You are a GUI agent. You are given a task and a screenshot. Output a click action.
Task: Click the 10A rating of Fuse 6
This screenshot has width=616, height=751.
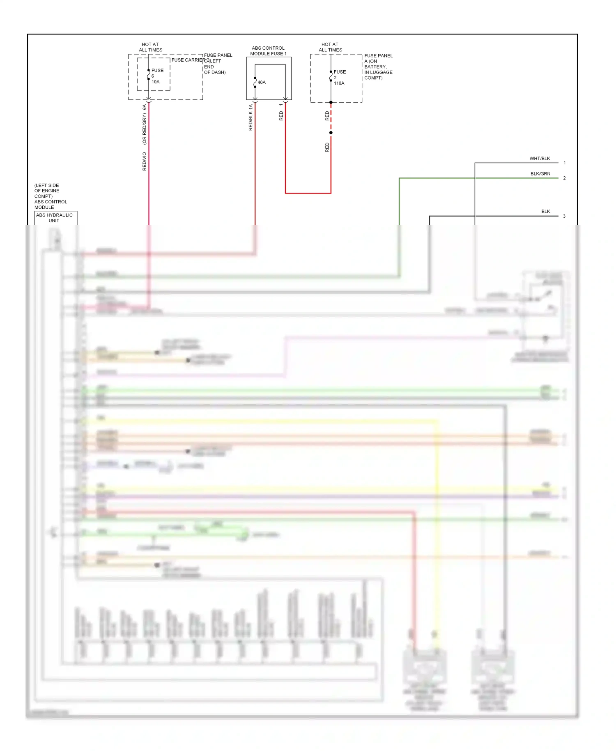point(155,82)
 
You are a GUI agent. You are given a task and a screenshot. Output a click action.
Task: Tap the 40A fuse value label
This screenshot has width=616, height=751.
point(262,83)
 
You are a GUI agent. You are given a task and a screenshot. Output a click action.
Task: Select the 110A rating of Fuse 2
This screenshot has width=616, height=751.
point(339,83)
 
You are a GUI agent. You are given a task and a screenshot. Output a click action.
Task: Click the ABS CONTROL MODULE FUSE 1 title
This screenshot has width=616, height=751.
point(268,51)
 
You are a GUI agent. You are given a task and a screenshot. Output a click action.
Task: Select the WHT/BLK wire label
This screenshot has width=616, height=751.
point(539,159)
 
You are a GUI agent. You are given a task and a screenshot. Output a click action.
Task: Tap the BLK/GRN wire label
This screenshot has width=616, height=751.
point(540,174)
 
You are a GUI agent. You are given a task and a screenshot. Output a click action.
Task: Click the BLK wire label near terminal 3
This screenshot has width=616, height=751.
point(545,212)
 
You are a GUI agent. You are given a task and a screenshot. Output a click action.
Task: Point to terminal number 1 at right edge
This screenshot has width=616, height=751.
point(565,163)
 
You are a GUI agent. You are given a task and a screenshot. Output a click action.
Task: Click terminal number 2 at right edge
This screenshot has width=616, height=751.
point(565,178)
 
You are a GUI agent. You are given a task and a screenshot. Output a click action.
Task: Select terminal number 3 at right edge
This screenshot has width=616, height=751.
point(564,216)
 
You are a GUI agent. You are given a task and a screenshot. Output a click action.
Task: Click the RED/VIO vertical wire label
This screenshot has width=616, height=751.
point(145,161)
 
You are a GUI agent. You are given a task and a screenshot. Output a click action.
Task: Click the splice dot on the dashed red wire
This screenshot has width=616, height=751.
point(331,133)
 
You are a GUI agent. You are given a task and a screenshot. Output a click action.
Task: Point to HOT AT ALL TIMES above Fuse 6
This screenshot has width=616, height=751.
point(150,47)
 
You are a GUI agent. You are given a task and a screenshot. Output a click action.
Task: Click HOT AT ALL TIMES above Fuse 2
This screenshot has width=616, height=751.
point(330,47)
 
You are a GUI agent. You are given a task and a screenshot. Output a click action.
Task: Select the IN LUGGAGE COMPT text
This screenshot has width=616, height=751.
point(378,72)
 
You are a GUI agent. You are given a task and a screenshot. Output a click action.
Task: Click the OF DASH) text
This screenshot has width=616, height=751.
point(215,72)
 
